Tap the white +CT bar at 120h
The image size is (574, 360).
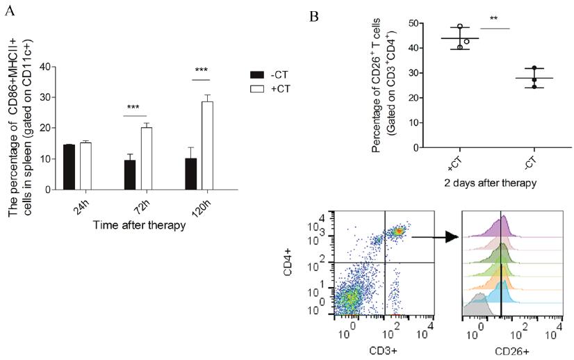point(206,145)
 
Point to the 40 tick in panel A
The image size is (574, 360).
point(45,67)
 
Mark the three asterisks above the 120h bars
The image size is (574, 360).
point(202,70)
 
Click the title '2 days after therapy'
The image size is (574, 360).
point(490,183)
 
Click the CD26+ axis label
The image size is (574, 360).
point(511,351)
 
